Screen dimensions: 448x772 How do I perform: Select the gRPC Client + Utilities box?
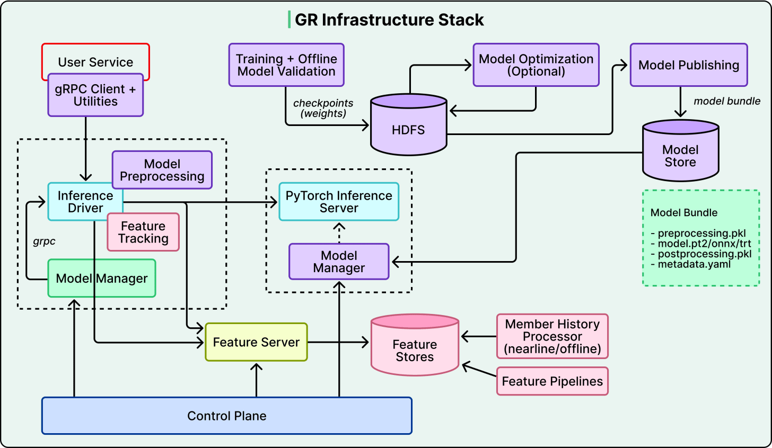tap(95, 95)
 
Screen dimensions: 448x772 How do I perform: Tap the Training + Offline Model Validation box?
tap(286, 65)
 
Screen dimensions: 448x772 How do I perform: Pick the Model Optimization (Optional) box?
tap(536, 65)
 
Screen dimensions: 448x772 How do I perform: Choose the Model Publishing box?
tap(689, 65)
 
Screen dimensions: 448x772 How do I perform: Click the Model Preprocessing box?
tap(162, 170)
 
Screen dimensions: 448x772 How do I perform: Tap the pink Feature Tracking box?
tap(143, 232)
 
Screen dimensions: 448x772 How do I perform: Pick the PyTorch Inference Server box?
tap(339, 202)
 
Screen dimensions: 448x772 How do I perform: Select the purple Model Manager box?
tap(339, 262)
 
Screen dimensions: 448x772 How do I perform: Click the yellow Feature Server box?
tap(256, 342)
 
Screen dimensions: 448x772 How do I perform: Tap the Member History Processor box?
tap(552, 336)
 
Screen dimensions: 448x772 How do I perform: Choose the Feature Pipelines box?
tap(552, 381)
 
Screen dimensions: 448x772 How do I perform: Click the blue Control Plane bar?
tap(227, 416)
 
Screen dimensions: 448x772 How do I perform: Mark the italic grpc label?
tap(44, 241)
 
